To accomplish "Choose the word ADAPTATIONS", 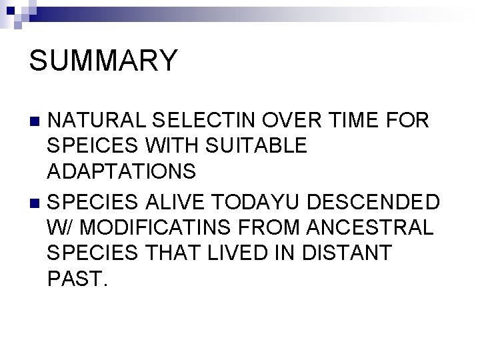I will coord(122,171).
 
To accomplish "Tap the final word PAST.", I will coord(76,277).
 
